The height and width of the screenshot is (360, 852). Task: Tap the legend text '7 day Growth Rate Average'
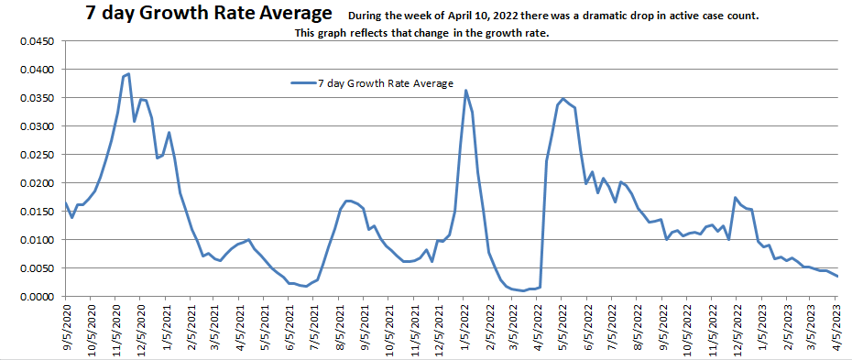[386, 83]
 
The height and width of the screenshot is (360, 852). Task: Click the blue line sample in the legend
[302, 83]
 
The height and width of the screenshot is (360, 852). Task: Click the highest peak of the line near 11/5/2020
[128, 74]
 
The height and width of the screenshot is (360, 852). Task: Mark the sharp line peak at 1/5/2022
[465, 90]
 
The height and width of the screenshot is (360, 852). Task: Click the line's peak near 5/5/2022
[563, 99]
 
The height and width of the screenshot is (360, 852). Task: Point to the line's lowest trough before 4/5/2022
[522, 290]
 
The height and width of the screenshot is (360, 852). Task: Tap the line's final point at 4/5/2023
[837, 277]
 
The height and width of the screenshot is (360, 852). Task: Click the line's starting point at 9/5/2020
[65, 203]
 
